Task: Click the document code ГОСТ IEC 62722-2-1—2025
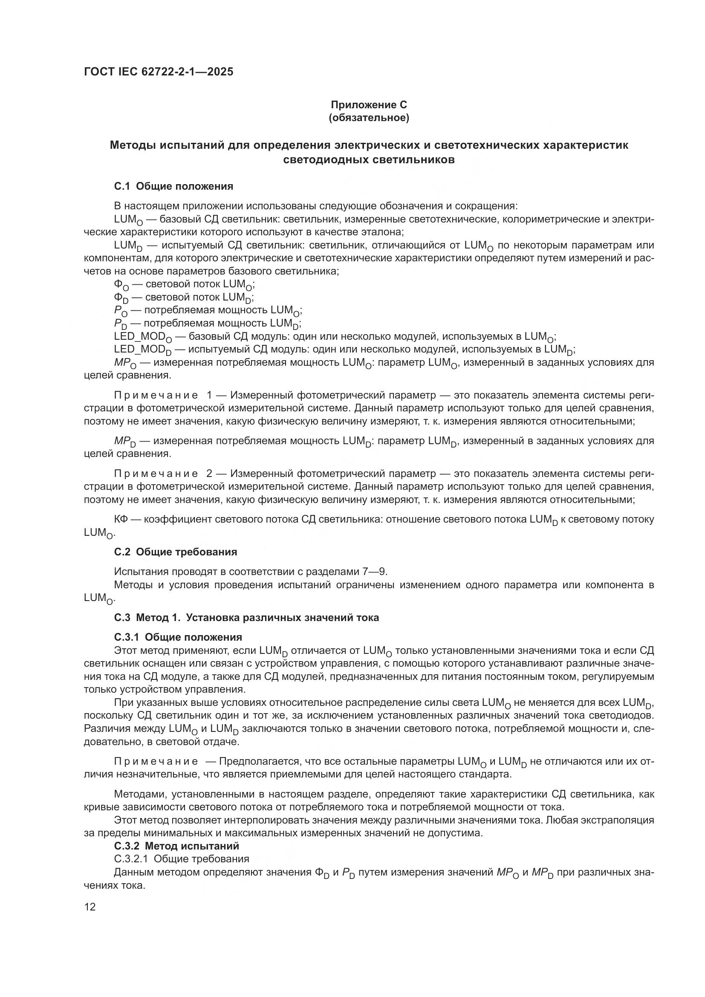159,72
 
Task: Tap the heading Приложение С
369,105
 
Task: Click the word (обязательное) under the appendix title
369,118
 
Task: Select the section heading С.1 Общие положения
173,186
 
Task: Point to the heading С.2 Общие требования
175,552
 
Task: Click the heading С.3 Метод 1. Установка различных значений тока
246,618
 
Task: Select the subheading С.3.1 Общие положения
178,637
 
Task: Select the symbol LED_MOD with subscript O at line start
142,337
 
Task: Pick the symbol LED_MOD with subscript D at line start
142,350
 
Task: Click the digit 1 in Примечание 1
209,396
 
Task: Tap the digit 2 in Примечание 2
209,474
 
